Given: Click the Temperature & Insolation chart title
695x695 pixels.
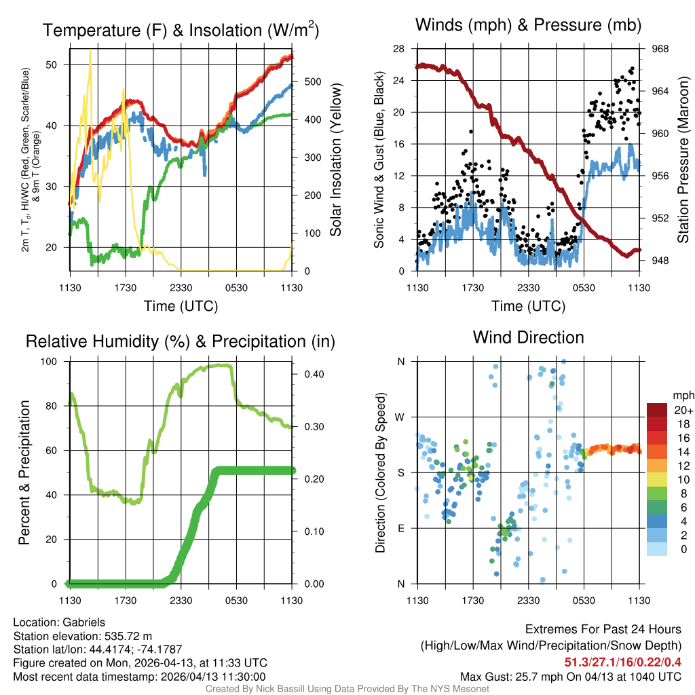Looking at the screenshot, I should click(x=181, y=30).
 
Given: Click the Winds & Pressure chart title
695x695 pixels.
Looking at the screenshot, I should click(x=529, y=25).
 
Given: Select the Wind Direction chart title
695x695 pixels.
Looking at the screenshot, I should click(x=528, y=337).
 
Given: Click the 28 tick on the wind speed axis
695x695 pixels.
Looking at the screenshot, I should click(x=399, y=49).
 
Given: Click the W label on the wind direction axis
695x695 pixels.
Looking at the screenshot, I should click(x=400, y=417).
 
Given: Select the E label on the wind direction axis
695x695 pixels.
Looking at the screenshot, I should click(x=400, y=528).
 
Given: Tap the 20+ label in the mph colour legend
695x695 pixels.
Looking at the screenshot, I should click(x=682, y=410).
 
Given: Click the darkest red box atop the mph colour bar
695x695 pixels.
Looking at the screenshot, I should click(x=657, y=410).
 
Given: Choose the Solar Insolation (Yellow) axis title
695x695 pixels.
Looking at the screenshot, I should click(x=335, y=160).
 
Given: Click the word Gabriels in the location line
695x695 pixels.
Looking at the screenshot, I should click(x=83, y=622).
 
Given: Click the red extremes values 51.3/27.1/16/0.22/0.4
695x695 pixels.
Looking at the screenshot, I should click(x=622, y=662).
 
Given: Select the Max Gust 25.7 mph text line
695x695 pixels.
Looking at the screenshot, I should click(x=570, y=676).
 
